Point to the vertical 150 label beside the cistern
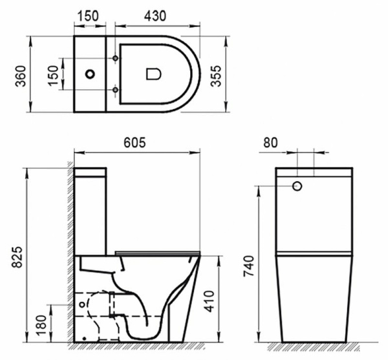click(x=53, y=74)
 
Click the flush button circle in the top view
click(x=90, y=74)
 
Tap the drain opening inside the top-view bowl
click(x=153, y=74)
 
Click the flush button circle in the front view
click(x=297, y=186)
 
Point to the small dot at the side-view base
click(x=84, y=338)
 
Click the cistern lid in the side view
click(x=91, y=173)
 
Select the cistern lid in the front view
click(x=314, y=172)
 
